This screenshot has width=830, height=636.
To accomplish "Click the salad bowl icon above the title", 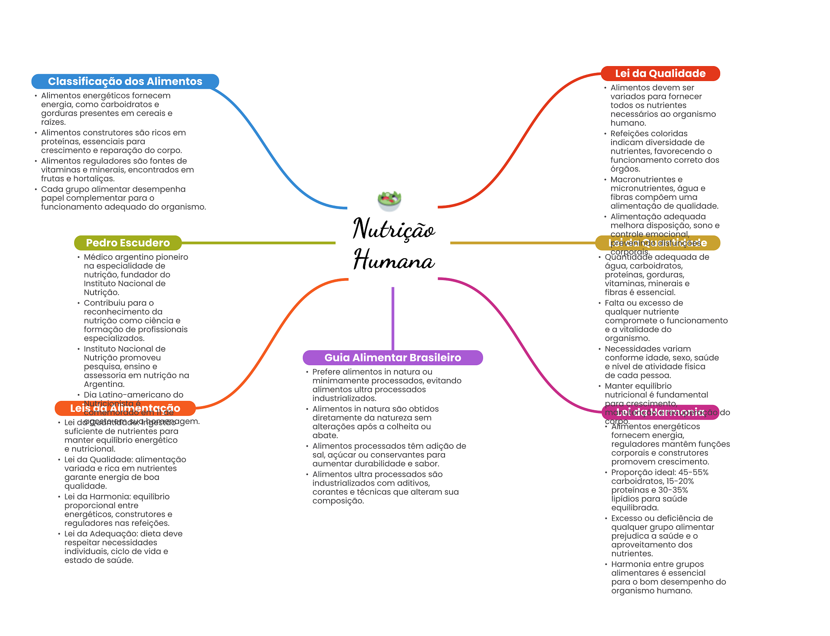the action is (389, 200).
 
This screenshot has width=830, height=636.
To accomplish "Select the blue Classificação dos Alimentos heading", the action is (125, 81).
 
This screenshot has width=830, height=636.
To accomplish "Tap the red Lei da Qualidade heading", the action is (660, 73).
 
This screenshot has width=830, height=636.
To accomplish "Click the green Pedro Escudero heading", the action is (128, 243).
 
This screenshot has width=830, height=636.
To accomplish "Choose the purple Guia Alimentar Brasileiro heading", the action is (393, 358).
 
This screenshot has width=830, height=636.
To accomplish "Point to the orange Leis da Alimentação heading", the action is (125, 408).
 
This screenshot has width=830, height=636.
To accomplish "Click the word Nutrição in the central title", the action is (394, 229).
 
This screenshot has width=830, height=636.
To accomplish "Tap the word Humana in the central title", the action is (394, 260).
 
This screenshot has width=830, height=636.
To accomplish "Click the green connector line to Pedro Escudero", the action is (259, 243).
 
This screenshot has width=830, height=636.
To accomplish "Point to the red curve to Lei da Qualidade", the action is (523, 138).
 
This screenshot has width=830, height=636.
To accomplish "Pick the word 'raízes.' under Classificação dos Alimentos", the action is (53, 122).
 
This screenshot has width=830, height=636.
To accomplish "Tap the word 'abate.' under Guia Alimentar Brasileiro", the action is (325, 435).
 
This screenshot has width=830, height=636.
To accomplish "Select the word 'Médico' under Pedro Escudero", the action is (98, 257).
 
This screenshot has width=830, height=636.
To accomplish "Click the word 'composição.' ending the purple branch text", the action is (338, 501).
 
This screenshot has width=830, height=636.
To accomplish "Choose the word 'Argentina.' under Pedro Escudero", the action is (104, 384).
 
